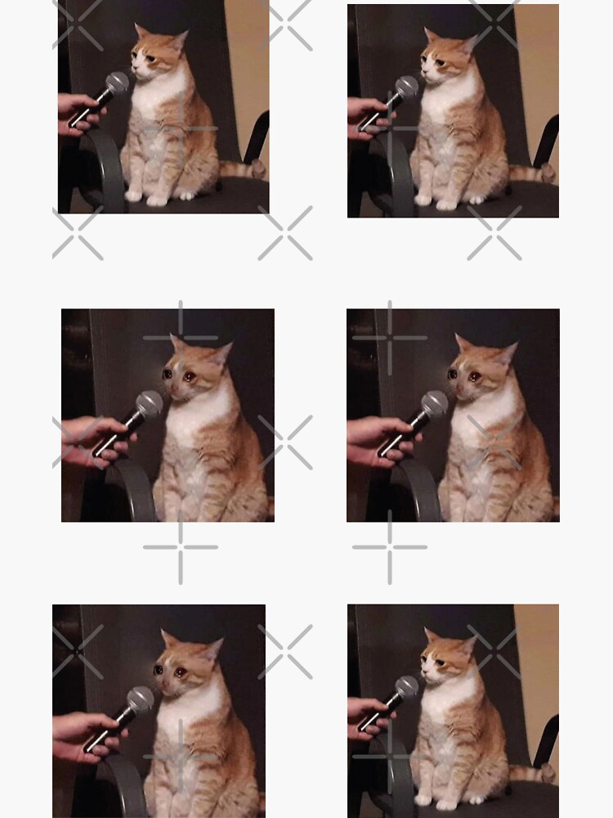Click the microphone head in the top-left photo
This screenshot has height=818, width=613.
117,83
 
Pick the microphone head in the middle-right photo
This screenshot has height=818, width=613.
434,403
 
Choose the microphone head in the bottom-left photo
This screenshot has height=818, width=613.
140,699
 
